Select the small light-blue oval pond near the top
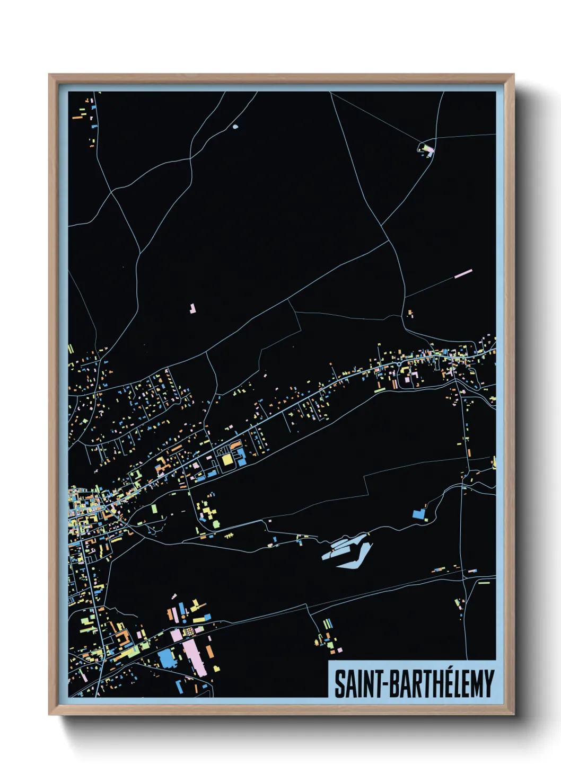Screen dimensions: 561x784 [x=235, y=127]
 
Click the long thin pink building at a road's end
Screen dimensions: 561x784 [x=463, y=273]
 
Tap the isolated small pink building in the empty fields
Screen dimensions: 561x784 [x=192, y=308]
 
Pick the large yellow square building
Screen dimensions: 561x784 [x=227, y=460]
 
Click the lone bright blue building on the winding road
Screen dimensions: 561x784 [x=419, y=513]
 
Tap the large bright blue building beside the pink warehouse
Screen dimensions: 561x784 [x=166, y=658]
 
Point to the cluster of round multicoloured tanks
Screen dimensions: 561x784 [x=189, y=631]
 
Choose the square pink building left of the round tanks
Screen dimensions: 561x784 [x=176, y=635]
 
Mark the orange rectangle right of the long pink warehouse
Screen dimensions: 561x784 [x=210, y=651]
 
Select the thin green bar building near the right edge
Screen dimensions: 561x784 [x=484, y=583]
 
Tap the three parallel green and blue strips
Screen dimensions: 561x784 [x=327, y=624]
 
